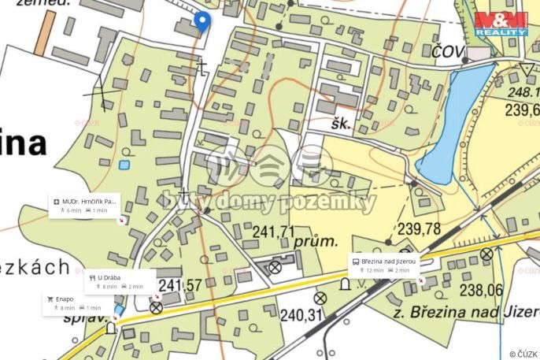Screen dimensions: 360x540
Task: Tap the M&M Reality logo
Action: click(501, 24)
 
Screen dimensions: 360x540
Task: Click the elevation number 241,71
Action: click(274, 231)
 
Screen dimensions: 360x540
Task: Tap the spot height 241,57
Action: click(181, 284)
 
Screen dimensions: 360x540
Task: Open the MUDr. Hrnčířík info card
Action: click(84, 206)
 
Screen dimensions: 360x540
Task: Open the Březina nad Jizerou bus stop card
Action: click(387, 265)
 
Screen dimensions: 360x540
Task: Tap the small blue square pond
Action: click(124, 165)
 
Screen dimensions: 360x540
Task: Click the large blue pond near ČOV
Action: click(456, 122)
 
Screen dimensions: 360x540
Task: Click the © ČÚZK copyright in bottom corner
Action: click(522, 353)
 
